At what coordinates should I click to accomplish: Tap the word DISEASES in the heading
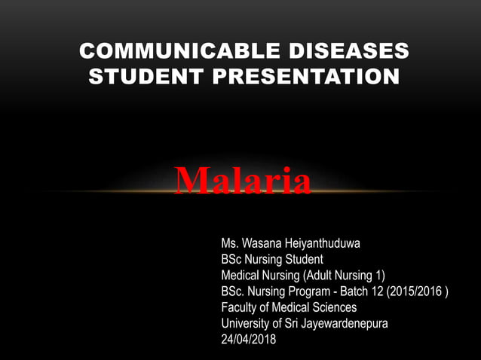(348, 52)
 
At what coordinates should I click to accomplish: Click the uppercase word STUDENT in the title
(139, 76)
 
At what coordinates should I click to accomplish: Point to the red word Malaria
(242, 181)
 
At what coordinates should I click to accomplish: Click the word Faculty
(240, 307)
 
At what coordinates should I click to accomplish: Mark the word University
(246, 324)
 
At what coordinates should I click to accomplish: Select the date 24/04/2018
(249, 340)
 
